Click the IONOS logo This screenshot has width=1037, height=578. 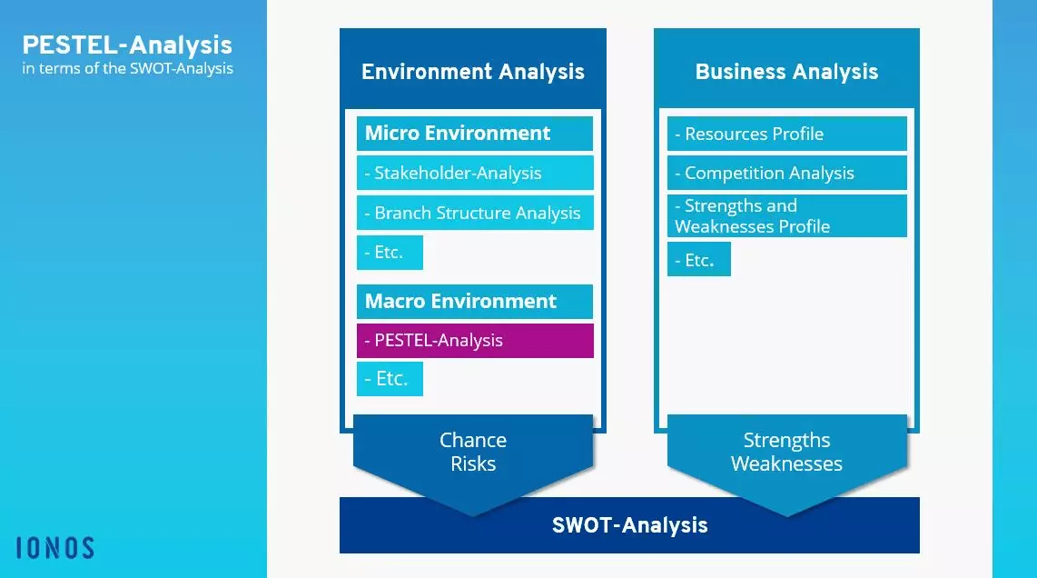coord(55,547)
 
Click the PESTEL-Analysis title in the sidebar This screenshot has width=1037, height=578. coord(127,45)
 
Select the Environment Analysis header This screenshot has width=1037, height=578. coord(473,72)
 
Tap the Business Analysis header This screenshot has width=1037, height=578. coord(786,72)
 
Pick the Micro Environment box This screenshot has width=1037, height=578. coord(474,134)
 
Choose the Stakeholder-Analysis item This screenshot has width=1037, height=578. coord(474,173)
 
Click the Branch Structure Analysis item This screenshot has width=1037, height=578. coord(474,213)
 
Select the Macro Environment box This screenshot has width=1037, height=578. coord(474,301)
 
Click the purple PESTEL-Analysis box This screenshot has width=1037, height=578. coord(474,341)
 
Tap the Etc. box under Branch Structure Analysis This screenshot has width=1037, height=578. coord(390,253)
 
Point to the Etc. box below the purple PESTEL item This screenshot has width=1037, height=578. coord(390,379)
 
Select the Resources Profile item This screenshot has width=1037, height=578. coord(786,134)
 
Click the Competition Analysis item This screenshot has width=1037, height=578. coord(786,173)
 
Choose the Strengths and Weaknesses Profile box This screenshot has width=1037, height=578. coord(786,216)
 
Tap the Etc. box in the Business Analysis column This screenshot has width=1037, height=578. coord(698,260)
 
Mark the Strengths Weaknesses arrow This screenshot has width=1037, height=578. coord(786,454)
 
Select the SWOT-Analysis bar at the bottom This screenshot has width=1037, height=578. coord(629,525)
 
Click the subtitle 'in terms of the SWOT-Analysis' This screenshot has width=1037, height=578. coord(127,68)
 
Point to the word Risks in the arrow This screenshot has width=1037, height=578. coord(473,464)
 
